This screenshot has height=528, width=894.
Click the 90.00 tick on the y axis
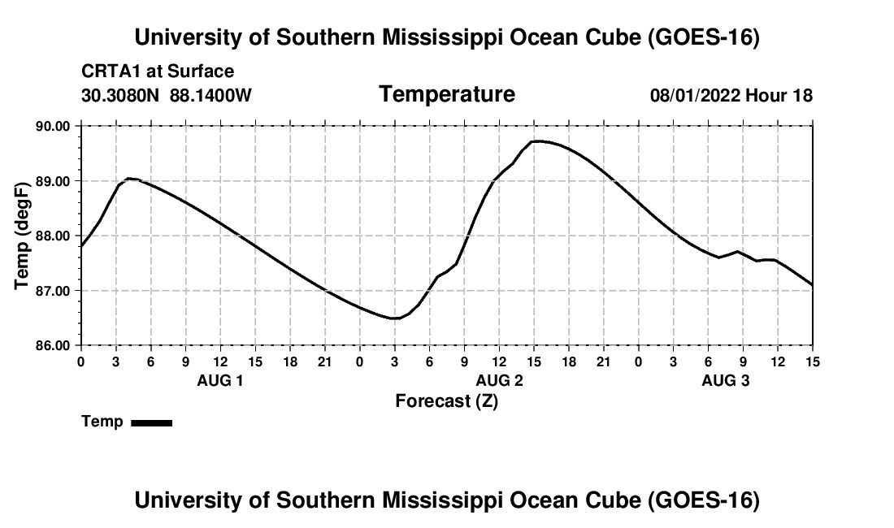[x=53, y=126]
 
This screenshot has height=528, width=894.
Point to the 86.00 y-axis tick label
[x=53, y=346]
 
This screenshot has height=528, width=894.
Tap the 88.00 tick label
[x=53, y=236]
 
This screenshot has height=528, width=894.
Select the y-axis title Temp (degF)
[x=22, y=236]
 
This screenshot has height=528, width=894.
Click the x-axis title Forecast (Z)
[x=447, y=401]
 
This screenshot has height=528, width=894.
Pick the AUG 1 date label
[x=220, y=380]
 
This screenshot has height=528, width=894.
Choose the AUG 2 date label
[x=500, y=380]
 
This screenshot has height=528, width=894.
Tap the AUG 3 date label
[x=725, y=380]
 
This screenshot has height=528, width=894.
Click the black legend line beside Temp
[x=152, y=422]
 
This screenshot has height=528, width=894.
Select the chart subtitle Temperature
[x=447, y=94]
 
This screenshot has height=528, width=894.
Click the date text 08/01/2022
[x=695, y=95]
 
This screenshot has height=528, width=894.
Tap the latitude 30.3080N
[x=120, y=95]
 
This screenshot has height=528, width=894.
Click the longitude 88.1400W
[x=210, y=95]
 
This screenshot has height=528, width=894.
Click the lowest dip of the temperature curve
[x=394, y=318]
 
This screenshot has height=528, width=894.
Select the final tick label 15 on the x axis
[x=813, y=361]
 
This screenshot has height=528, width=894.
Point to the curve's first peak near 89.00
[x=129, y=178]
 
